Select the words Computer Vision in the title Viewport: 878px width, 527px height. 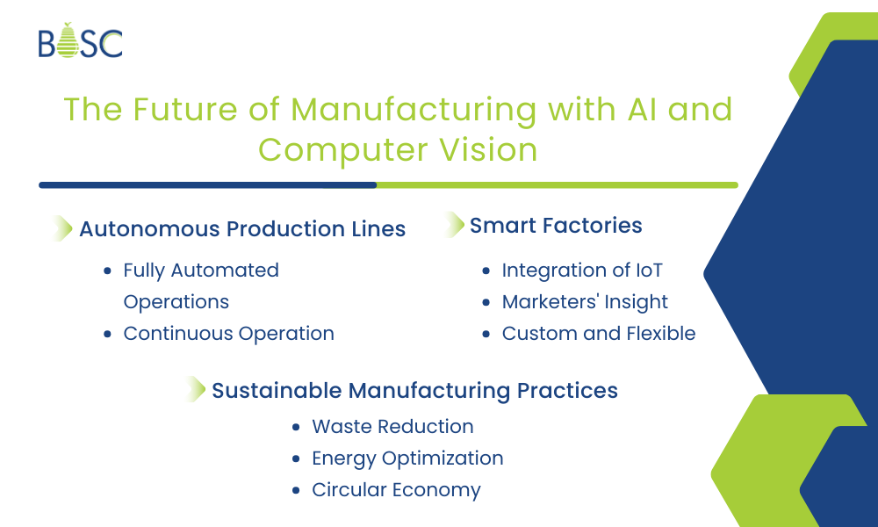(x=398, y=149)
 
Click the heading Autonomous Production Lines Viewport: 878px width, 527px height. (x=242, y=229)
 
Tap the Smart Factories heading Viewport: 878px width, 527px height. (x=556, y=226)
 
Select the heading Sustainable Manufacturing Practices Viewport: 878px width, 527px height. (x=414, y=390)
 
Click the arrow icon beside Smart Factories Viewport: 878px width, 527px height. (x=453, y=225)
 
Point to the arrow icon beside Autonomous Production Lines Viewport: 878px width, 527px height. (x=61, y=228)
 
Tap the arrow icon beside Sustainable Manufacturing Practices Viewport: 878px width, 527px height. (x=195, y=389)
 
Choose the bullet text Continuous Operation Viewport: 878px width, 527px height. (x=228, y=334)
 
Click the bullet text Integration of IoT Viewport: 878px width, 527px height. (x=582, y=271)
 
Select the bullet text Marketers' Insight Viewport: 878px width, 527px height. (x=585, y=302)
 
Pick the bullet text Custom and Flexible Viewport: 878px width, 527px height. (x=598, y=334)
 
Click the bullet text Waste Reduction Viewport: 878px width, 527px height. (x=392, y=427)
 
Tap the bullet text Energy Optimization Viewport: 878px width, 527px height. (x=407, y=458)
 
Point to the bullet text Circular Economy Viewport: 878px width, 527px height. (x=396, y=490)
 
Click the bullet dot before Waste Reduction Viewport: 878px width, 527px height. (x=296, y=428)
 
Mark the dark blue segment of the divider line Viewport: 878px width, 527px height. (x=207, y=185)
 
